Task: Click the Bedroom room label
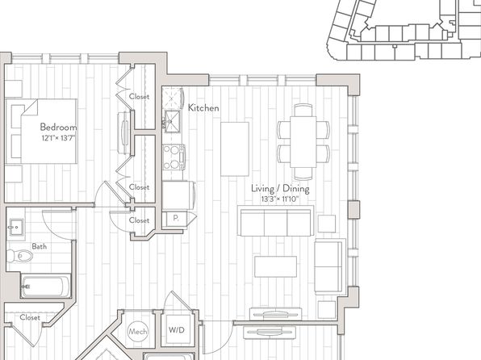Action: point(58,127)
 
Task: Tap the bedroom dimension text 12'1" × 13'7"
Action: point(58,138)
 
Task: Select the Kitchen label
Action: point(203,107)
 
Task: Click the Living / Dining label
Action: point(280,188)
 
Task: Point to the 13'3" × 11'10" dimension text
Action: point(280,199)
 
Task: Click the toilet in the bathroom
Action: point(20,256)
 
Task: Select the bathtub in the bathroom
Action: point(46,287)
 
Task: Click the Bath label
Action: point(40,246)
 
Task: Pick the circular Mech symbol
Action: point(138,331)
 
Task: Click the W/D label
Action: point(177,330)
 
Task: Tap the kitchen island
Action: point(235,149)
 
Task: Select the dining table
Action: point(303,141)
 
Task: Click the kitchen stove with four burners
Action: point(174,157)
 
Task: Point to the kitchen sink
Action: point(173,121)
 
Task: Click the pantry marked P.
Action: point(175,219)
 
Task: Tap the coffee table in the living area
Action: point(275,266)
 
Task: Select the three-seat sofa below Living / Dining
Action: point(275,220)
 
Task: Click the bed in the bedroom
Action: point(41,131)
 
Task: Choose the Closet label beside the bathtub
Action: point(30,317)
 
